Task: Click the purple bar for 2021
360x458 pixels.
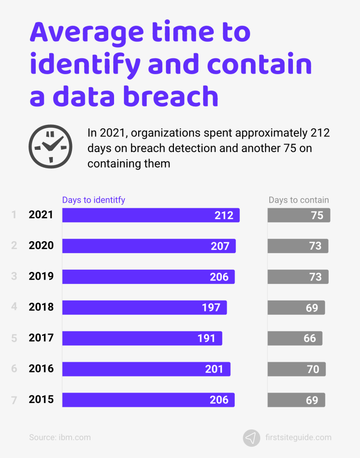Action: (x=151, y=215)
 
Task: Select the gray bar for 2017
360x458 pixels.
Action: (x=295, y=338)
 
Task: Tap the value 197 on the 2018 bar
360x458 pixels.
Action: (x=211, y=308)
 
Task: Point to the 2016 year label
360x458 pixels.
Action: (x=41, y=369)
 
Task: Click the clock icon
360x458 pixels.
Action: (x=50, y=146)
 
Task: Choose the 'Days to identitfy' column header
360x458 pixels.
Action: (x=93, y=200)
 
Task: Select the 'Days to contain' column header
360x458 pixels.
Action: (x=299, y=200)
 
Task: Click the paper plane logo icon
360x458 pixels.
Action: (x=251, y=437)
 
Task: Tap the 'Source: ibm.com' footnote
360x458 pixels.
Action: (x=60, y=437)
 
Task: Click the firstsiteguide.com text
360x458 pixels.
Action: (x=298, y=437)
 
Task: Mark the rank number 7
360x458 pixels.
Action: (x=14, y=400)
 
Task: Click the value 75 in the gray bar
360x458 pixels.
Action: (x=317, y=215)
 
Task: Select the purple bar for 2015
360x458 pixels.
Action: (x=148, y=400)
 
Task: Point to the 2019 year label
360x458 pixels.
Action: (x=41, y=276)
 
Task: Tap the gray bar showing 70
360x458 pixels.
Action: (x=296, y=369)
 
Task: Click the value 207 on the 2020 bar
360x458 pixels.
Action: (x=220, y=246)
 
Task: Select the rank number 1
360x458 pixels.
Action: (x=14, y=215)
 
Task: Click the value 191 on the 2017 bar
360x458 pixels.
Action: (x=207, y=338)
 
